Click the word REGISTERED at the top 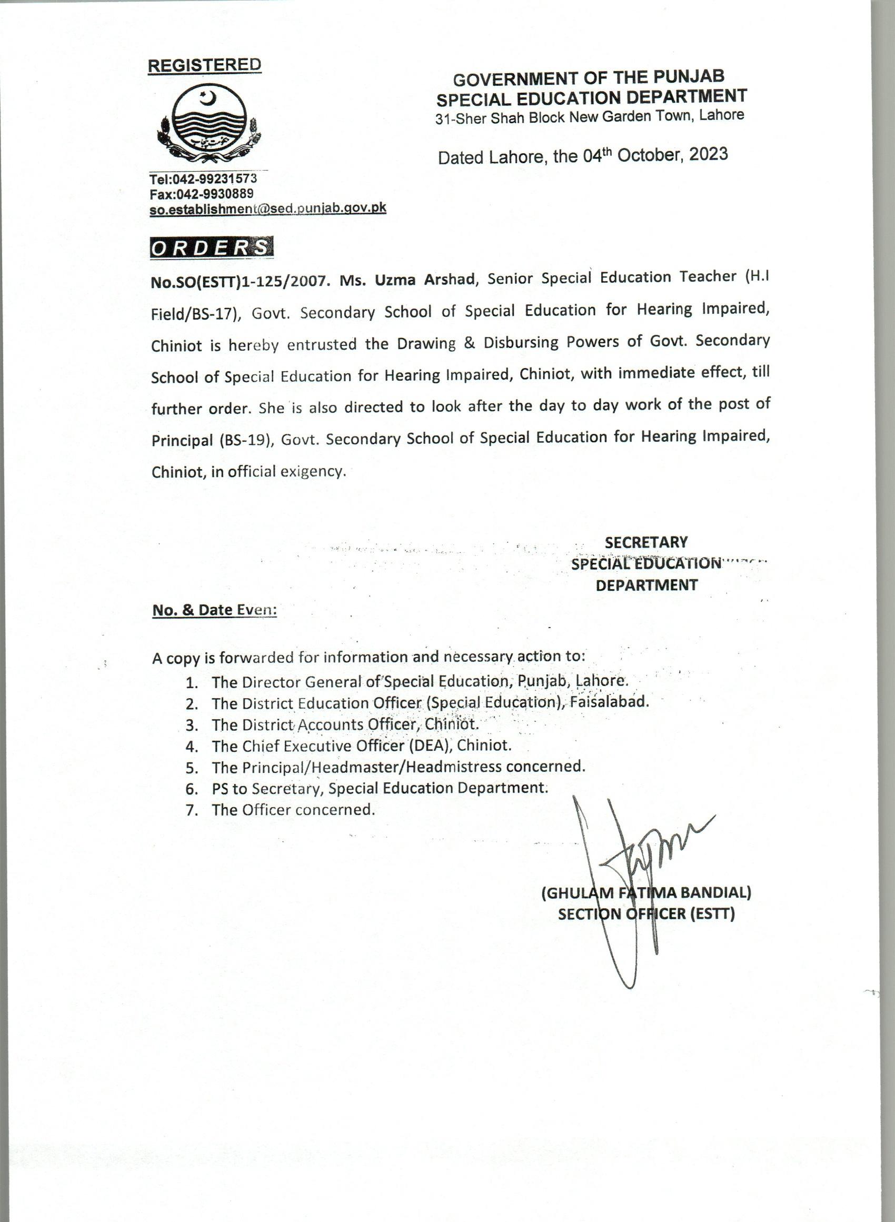[204, 65]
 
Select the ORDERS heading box [211, 247]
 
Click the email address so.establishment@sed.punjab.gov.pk [267, 208]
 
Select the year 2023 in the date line [709, 154]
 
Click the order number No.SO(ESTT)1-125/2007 [240, 281]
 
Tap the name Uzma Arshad [425, 280]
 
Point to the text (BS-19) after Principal [245, 439]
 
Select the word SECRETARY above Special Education [646, 542]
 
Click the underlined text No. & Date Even [215, 610]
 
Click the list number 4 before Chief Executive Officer [191, 747]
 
